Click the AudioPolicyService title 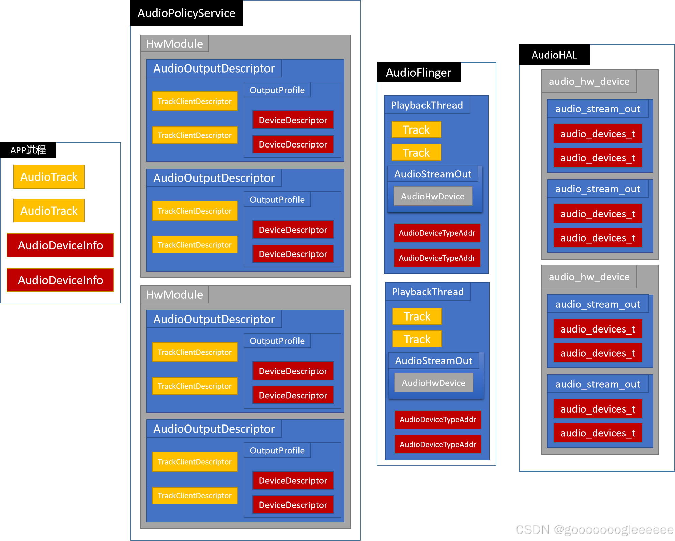pyautogui.click(x=186, y=13)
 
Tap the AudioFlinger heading pyautogui.click(x=418, y=73)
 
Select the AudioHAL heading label pyautogui.click(x=554, y=55)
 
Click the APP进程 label pyautogui.click(x=28, y=150)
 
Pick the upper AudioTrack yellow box pyautogui.click(x=49, y=177)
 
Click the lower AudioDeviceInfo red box pyautogui.click(x=60, y=280)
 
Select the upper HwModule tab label pyautogui.click(x=174, y=44)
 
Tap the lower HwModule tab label pyautogui.click(x=174, y=295)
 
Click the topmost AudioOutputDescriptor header pyautogui.click(x=214, y=68)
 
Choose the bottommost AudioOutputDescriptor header pyautogui.click(x=214, y=429)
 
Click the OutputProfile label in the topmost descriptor pyautogui.click(x=277, y=90)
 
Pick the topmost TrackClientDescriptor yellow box pyautogui.click(x=195, y=101)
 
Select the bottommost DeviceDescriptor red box pyautogui.click(x=293, y=505)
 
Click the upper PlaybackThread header pyautogui.click(x=427, y=105)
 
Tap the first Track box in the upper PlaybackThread pyautogui.click(x=416, y=130)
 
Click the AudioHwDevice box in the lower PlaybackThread pyautogui.click(x=433, y=383)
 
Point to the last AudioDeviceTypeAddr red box pyautogui.click(x=438, y=444)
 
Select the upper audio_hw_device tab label pyautogui.click(x=589, y=81)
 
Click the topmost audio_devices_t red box pyautogui.click(x=598, y=134)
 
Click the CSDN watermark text pyautogui.click(x=594, y=529)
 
